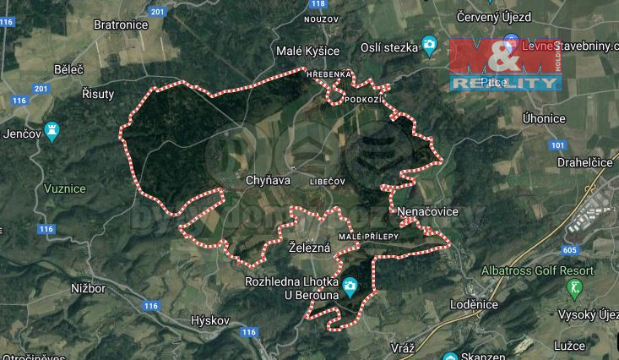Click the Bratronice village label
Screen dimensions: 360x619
click(121, 25)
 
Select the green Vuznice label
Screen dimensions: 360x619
click(65, 188)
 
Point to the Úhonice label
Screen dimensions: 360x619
click(544, 118)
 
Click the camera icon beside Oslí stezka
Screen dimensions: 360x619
click(430, 46)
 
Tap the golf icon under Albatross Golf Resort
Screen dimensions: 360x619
click(575, 289)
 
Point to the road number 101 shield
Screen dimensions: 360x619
click(557, 145)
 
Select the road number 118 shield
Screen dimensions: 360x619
click(318, 4)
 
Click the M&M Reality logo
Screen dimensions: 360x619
click(505, 64)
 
